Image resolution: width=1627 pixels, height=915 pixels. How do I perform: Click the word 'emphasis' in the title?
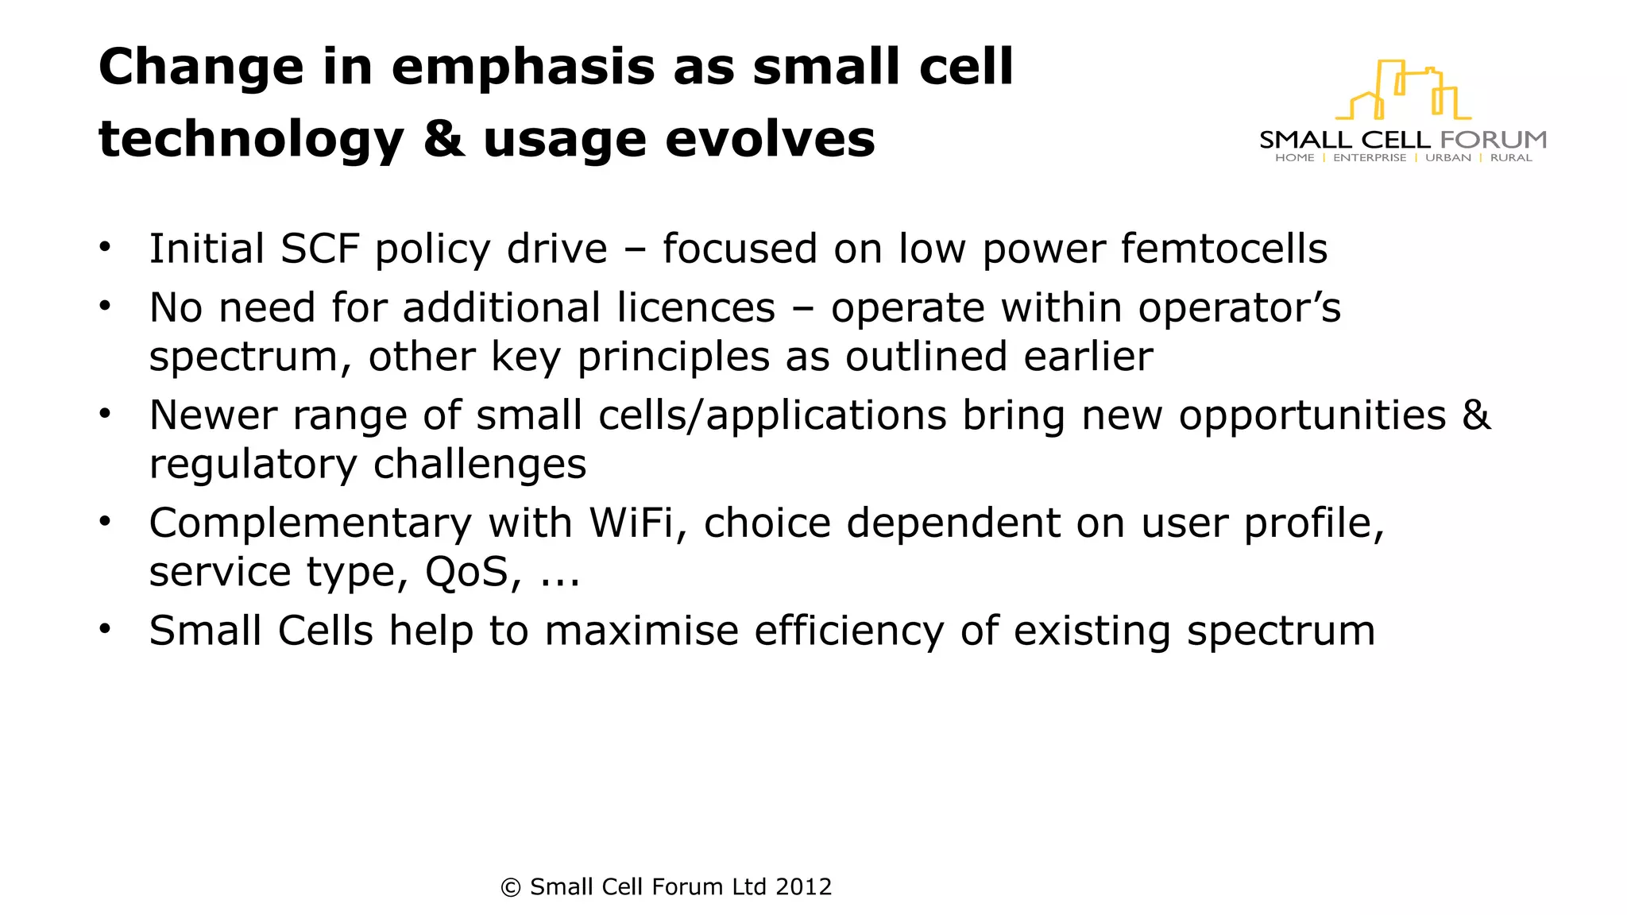(x=524, y=68)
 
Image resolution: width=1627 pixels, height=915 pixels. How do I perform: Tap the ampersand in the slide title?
(x=443, y=139)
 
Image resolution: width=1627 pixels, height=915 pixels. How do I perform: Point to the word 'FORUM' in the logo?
(x=1493, y=140)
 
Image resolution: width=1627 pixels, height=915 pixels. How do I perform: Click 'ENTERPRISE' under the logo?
(x=1369, y=158)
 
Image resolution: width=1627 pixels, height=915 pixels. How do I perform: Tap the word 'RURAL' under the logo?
(x=1510, y=158)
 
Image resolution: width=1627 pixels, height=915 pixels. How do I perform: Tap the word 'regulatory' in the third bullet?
(x=253, y=465)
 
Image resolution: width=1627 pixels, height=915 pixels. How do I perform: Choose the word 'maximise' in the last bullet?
(x=642, y=631)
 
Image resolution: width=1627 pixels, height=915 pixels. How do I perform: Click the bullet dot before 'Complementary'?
(x=105, y=521)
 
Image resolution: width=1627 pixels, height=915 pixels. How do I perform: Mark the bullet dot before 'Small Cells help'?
(x=105, y=629)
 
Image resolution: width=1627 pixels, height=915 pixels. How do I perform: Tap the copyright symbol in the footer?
(x=510, y=887)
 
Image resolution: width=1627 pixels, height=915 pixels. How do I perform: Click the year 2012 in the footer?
(x=803, y=886)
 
